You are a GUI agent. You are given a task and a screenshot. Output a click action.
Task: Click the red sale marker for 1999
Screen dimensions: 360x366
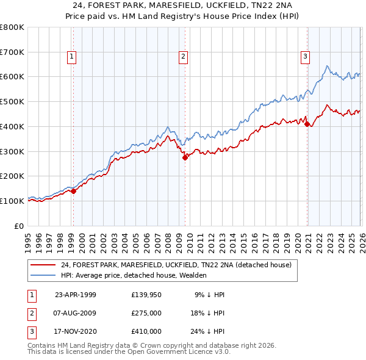74,191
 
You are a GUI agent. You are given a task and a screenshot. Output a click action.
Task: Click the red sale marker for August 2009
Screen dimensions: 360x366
185,157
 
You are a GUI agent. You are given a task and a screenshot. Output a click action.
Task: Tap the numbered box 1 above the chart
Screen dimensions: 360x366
72,57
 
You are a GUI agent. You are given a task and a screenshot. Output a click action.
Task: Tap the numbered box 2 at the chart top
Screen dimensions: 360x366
183,57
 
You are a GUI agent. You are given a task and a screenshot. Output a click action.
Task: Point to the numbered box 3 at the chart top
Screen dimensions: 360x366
305,57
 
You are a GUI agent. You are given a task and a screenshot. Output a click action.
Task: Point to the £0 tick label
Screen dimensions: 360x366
20,226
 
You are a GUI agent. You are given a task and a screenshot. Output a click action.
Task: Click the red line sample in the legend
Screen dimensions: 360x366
43,265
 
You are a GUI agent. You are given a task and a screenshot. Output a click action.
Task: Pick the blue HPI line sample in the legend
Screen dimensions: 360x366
43,275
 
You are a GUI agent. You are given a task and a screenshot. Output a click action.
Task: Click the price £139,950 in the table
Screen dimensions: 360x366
146,295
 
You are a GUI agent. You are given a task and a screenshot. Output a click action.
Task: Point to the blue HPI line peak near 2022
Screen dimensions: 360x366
328,66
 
